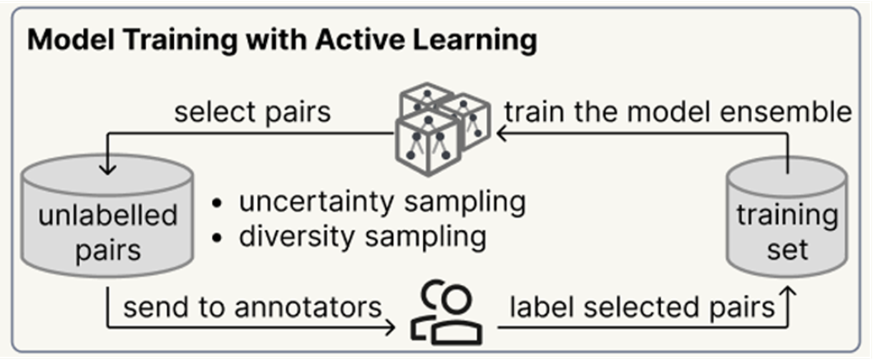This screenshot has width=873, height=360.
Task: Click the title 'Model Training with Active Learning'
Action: (x=282, y=41)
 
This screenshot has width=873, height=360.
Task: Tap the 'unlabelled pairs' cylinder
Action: (x=107, y=222)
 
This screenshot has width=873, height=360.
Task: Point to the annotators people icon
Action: (x=446, y=314)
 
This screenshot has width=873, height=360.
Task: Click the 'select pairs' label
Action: (x=253, y=112)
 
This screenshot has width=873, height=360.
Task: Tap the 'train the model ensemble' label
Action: (x=678, y=112)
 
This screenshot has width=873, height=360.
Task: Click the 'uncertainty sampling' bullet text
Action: (x=382, y=203)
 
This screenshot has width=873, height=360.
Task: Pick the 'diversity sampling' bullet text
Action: (x=362, y=235)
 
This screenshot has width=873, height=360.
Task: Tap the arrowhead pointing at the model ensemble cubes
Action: (x=503, y=132)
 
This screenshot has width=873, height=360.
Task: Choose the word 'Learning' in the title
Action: (x=487, y=41)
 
